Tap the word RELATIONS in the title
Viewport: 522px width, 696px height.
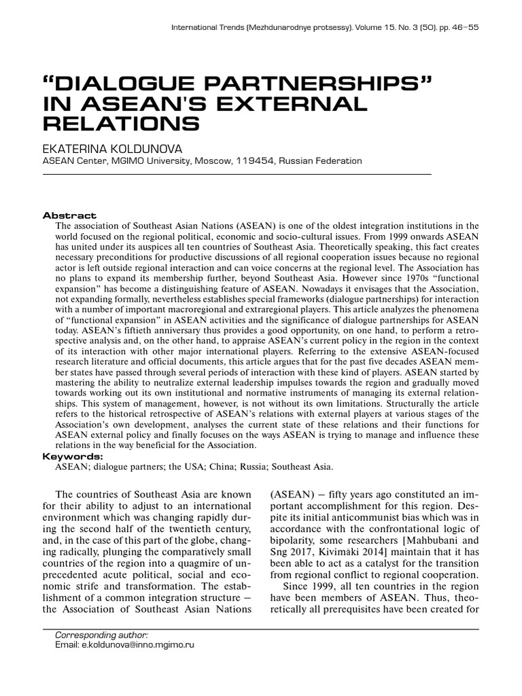click(122, 124)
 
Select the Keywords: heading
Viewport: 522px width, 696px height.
click(73, 456)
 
